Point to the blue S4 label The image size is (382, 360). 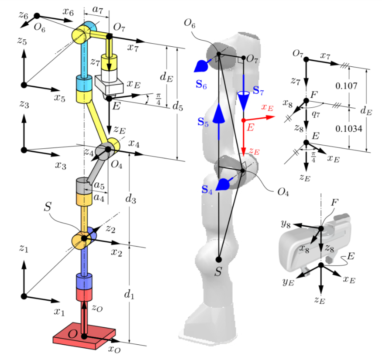click(208, 190)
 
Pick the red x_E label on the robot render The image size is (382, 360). click(267, 107)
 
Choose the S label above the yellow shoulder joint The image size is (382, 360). click(49, 206)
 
